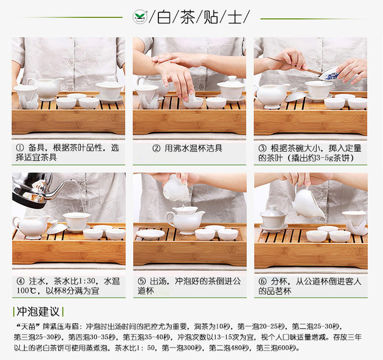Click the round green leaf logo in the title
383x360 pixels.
click(x=140, y=17)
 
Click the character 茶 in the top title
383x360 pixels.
click(x=188, y=17)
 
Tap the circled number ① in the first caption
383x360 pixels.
click(x=20, y=148)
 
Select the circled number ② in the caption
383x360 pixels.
click(x=156, y=148)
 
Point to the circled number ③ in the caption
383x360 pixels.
click(x=262, y=148)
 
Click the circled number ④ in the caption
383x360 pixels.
click(x=20, y=281)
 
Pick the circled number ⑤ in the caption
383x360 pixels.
click(x=142, y=281)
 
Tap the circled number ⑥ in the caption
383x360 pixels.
click(x=262, y=281)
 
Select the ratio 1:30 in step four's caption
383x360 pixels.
click(x=87, y=281)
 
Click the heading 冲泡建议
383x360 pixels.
click(x=38, y=312)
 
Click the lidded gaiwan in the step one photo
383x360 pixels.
click(x=109, y=89)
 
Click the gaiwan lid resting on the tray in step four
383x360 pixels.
click(x=57, y=227)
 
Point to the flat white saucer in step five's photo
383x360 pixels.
click(x=150, y=234)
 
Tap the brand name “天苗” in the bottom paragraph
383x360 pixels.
click(x=28, y=326)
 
